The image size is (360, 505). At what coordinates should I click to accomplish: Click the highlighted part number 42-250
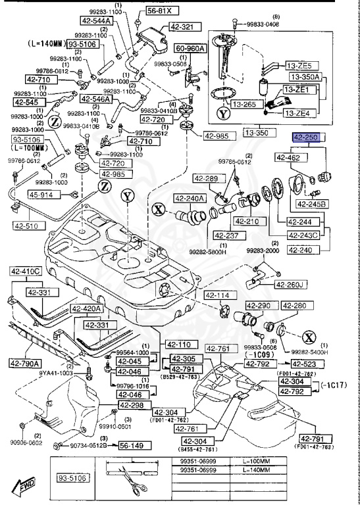pos(306,139)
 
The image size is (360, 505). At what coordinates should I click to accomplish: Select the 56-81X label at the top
pos(159,11)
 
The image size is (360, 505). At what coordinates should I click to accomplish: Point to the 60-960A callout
pos(189,49)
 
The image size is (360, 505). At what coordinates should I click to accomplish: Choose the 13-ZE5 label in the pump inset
pos(299,66)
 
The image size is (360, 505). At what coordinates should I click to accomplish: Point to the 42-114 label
pos(217,295)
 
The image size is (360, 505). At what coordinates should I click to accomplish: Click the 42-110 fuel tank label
pos(178,344)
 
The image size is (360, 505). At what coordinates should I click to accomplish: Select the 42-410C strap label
pos(26,270)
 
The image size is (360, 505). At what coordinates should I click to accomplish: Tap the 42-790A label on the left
pos(25,363)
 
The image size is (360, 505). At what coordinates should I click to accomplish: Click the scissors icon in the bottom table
pos(124,478)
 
